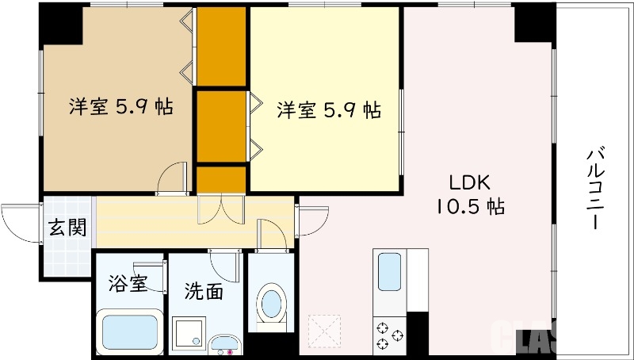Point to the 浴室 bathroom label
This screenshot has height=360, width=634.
pos(128,283)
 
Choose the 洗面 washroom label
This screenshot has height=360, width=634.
pos(204,291)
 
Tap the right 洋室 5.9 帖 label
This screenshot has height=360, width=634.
pos(328,109)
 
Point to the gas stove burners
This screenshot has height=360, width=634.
pos(389,334)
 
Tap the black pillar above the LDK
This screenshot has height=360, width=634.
pos(533,23)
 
